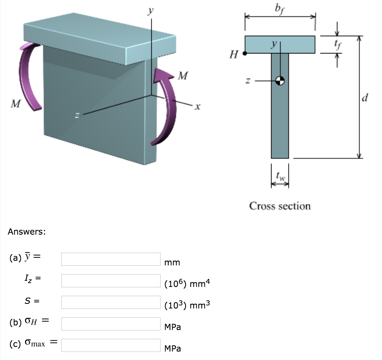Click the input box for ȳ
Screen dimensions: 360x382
click(x=111, y=259)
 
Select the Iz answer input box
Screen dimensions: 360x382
click(x=111, y=281)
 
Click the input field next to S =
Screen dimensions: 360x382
click(x=111, y=302)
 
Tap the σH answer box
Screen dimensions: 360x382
click(x=111, y=324)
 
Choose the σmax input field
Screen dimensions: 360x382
click(x=111, y=345)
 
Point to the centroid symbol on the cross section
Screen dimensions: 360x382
click(x=280, y=80)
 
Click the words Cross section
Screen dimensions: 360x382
click(x=280, y=206)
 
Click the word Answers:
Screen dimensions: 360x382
click(x=27, y=232)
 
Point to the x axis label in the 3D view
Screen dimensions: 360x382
click(x=198, y=106)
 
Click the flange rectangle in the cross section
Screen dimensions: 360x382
click(x=280, y=45)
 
